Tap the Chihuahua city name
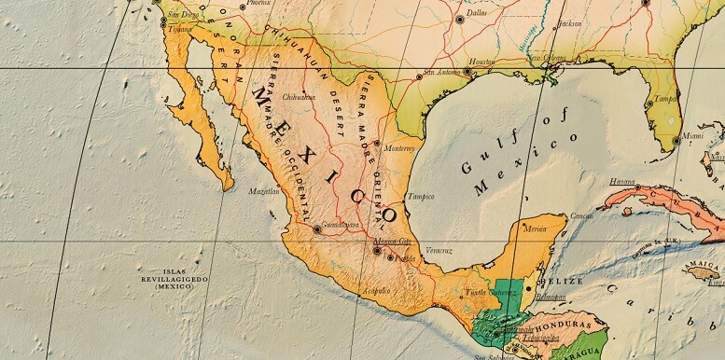click(x=299, y=96)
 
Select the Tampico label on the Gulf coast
click(x=421, y=197)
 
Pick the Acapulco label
click(x=375, y=290)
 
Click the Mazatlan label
click(x=263, y=191)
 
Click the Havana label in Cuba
click(x=622, y=182)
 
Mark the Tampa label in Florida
click(x=664, y=98)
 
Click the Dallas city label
click(x=477, y=13)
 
